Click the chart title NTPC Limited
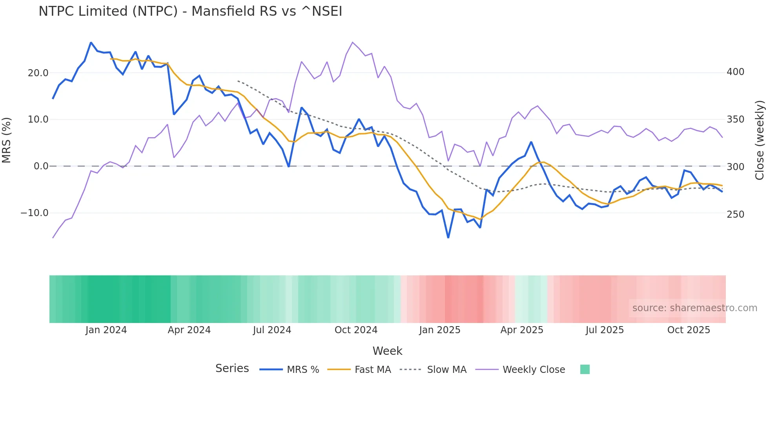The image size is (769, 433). (190, 11)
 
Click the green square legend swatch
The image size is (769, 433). (585, 369)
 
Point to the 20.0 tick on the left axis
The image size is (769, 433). (38, 73)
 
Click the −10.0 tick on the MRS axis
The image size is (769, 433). (35, 213)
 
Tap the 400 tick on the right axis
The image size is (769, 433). (735, 72)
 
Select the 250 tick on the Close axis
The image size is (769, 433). (735, 215)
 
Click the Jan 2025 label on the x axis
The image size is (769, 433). (439, 330)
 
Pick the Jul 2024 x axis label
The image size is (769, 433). (272, 330)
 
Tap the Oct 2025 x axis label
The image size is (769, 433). (689, 330)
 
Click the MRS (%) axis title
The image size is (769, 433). (7, 140)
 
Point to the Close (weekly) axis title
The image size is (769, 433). (760, 140)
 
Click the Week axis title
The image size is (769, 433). (387, 351)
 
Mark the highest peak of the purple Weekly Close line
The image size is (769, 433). (352, 42)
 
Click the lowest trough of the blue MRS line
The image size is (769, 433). (448, 238)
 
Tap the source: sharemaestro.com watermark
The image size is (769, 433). (694, 308)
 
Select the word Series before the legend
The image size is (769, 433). (232, 369)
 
